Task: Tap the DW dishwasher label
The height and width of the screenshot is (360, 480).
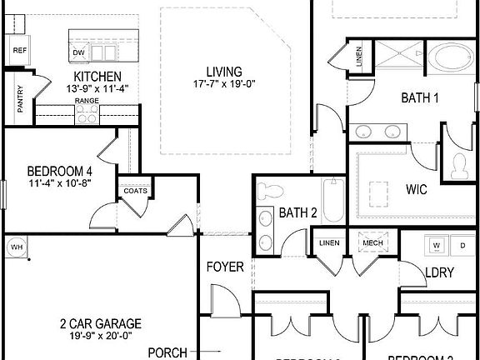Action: tap(78, 52)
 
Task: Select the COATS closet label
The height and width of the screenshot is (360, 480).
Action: tap(135, 191)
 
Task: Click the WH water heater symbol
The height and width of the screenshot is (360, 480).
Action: tap(17, 247)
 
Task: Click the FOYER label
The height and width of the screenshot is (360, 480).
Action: tap(225, 267)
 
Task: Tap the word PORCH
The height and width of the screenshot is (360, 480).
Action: tap(167, 352)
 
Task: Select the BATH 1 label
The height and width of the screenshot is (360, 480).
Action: tap(420, 98)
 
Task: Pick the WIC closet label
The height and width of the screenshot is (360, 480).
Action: tap(417, 189)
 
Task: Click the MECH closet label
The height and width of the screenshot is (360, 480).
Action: tap(372, 243)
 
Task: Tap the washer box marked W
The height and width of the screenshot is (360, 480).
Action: tap(435, 246)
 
